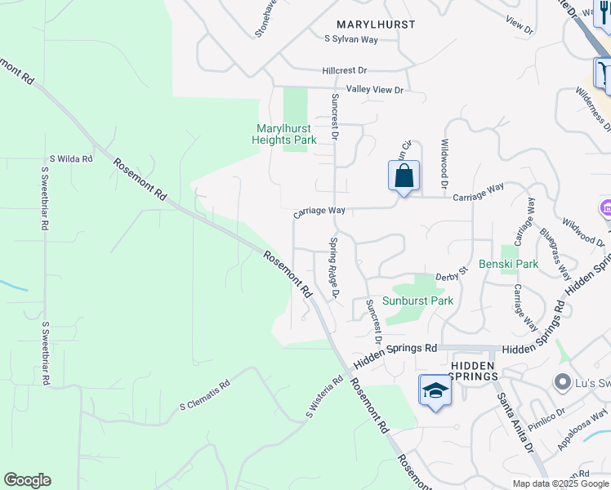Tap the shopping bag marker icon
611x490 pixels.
point(404,176)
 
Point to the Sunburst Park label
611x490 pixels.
point(423,301)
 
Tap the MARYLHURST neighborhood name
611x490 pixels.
point(376,24)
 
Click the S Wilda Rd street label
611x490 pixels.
point(71,158)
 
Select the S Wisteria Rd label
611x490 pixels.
point(324,397)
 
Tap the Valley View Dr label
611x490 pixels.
point(375,89)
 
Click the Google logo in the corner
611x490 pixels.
point(27,480)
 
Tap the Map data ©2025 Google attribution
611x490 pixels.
point(560,483)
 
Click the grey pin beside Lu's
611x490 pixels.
point(561,381)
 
